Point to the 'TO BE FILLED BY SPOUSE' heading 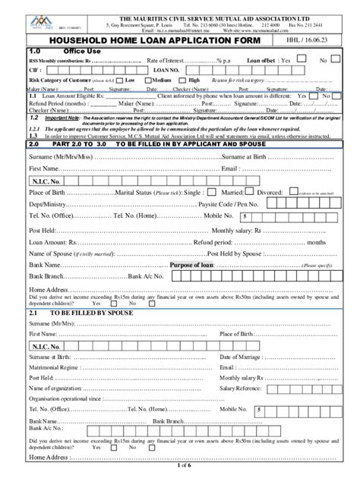coord(91,313)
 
